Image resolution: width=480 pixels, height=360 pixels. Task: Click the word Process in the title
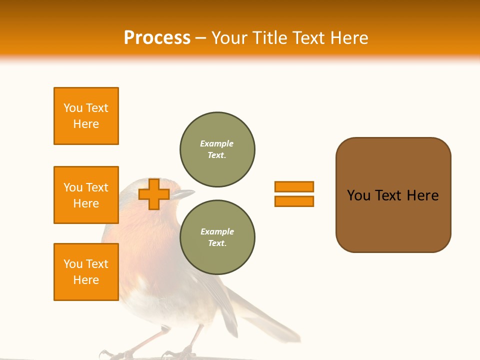[x=157, y=38]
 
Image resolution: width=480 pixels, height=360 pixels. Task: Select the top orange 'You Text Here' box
[x=86, y=116]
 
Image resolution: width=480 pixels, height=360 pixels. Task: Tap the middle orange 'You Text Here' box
[x=86, y=195]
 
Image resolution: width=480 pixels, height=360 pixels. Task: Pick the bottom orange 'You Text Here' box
[x=86, y=272]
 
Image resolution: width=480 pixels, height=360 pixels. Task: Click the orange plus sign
[x=154, y=194]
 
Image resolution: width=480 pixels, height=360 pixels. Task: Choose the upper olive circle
[x=217, y=149]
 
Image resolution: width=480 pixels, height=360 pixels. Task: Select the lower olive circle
[x=217, y=237]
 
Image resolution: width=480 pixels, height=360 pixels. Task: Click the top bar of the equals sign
[x=294, y=186]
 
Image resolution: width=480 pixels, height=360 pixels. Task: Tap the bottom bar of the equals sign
[x=294, y=201]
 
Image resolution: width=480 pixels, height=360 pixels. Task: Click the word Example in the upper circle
[x=217, y=144]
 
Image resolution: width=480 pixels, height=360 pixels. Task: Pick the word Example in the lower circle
[x=217, y=232]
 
